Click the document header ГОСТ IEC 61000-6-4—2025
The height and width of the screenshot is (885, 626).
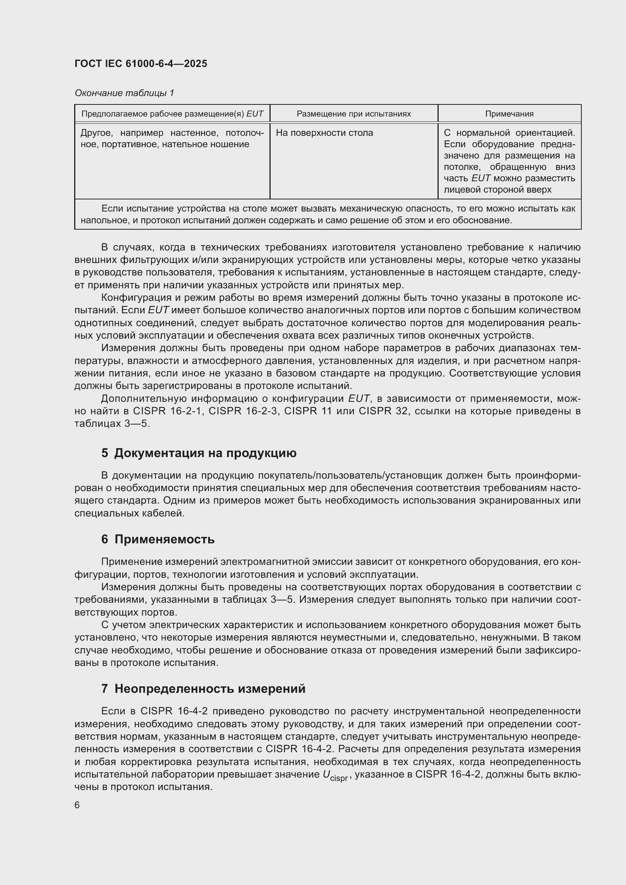point(141,64)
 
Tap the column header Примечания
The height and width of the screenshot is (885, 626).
point(509,114)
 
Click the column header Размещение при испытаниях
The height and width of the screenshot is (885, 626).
point(353,114)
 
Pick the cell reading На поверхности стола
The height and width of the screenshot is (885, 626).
point(324,133)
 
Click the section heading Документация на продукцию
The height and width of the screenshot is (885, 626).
point(205,453)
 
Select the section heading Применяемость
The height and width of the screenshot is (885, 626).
point(164,539)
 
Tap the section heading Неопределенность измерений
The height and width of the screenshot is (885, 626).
point(210,688)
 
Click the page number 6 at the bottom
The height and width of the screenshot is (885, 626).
point(77,805)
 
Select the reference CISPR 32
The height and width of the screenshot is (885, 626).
point(383,411)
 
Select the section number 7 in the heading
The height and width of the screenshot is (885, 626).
point(104,688)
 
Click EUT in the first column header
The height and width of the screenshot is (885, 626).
point(255,114)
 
